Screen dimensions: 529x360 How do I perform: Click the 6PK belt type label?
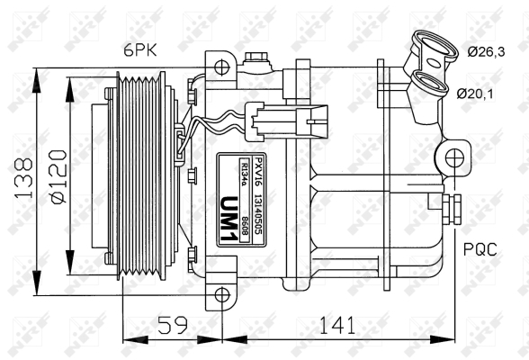[x=140, y=51]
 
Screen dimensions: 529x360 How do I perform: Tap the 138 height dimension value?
[x=23, y=177]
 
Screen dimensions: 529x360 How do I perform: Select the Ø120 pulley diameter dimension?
[x=58, y=176]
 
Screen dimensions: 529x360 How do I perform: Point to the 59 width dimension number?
[x=173, y=325]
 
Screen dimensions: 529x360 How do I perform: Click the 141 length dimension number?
[x=337, y=325]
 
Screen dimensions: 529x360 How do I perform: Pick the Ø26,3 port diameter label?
[x=486, y=52]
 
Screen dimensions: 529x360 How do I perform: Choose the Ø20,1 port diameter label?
[x=475, y=94]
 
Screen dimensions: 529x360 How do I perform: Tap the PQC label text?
[x=480, y=249]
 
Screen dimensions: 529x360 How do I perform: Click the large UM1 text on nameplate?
[x=229, y=220]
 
